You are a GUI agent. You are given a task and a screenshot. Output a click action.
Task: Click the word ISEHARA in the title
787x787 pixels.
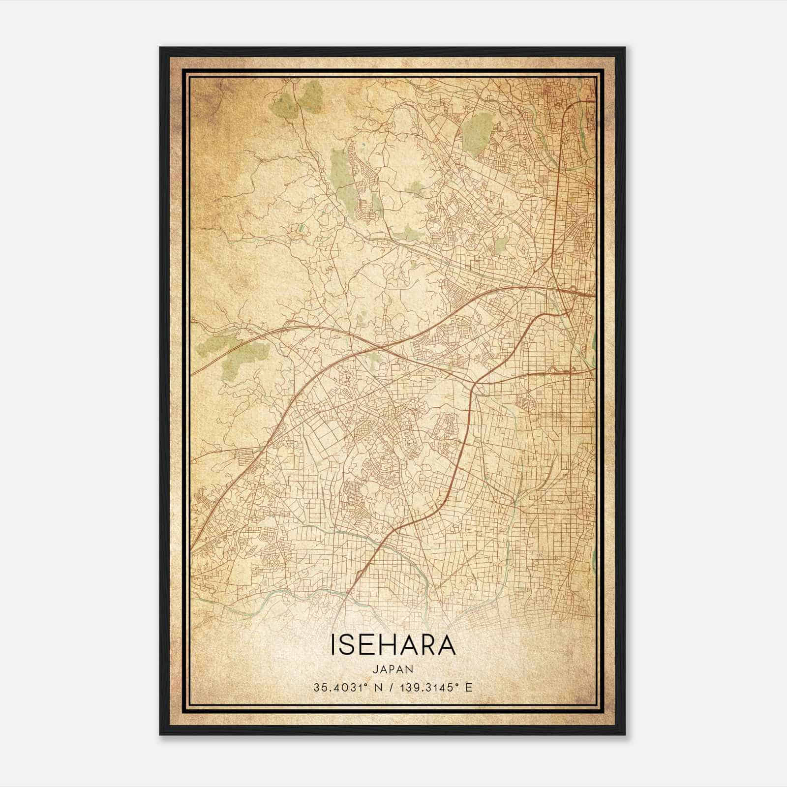(x=393, y=646)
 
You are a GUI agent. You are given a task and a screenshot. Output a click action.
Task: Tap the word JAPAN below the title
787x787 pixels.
(x=393, y=669)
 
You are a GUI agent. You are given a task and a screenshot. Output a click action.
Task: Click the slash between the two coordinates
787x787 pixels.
(x=391, y=688)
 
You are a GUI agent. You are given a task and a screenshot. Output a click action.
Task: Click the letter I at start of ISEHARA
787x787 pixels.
(x=334, y=646)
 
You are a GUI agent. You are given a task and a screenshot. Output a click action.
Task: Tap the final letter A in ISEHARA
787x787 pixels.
(x=447, y=646)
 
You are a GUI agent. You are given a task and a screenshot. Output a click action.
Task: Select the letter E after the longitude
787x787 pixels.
(x=469, y=688)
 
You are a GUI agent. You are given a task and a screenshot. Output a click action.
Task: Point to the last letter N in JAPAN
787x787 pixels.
(x=410, y=669)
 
